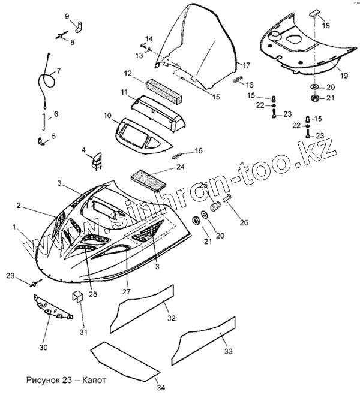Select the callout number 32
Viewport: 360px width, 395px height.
[171, 318]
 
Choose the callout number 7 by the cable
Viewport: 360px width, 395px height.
[59, 71]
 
